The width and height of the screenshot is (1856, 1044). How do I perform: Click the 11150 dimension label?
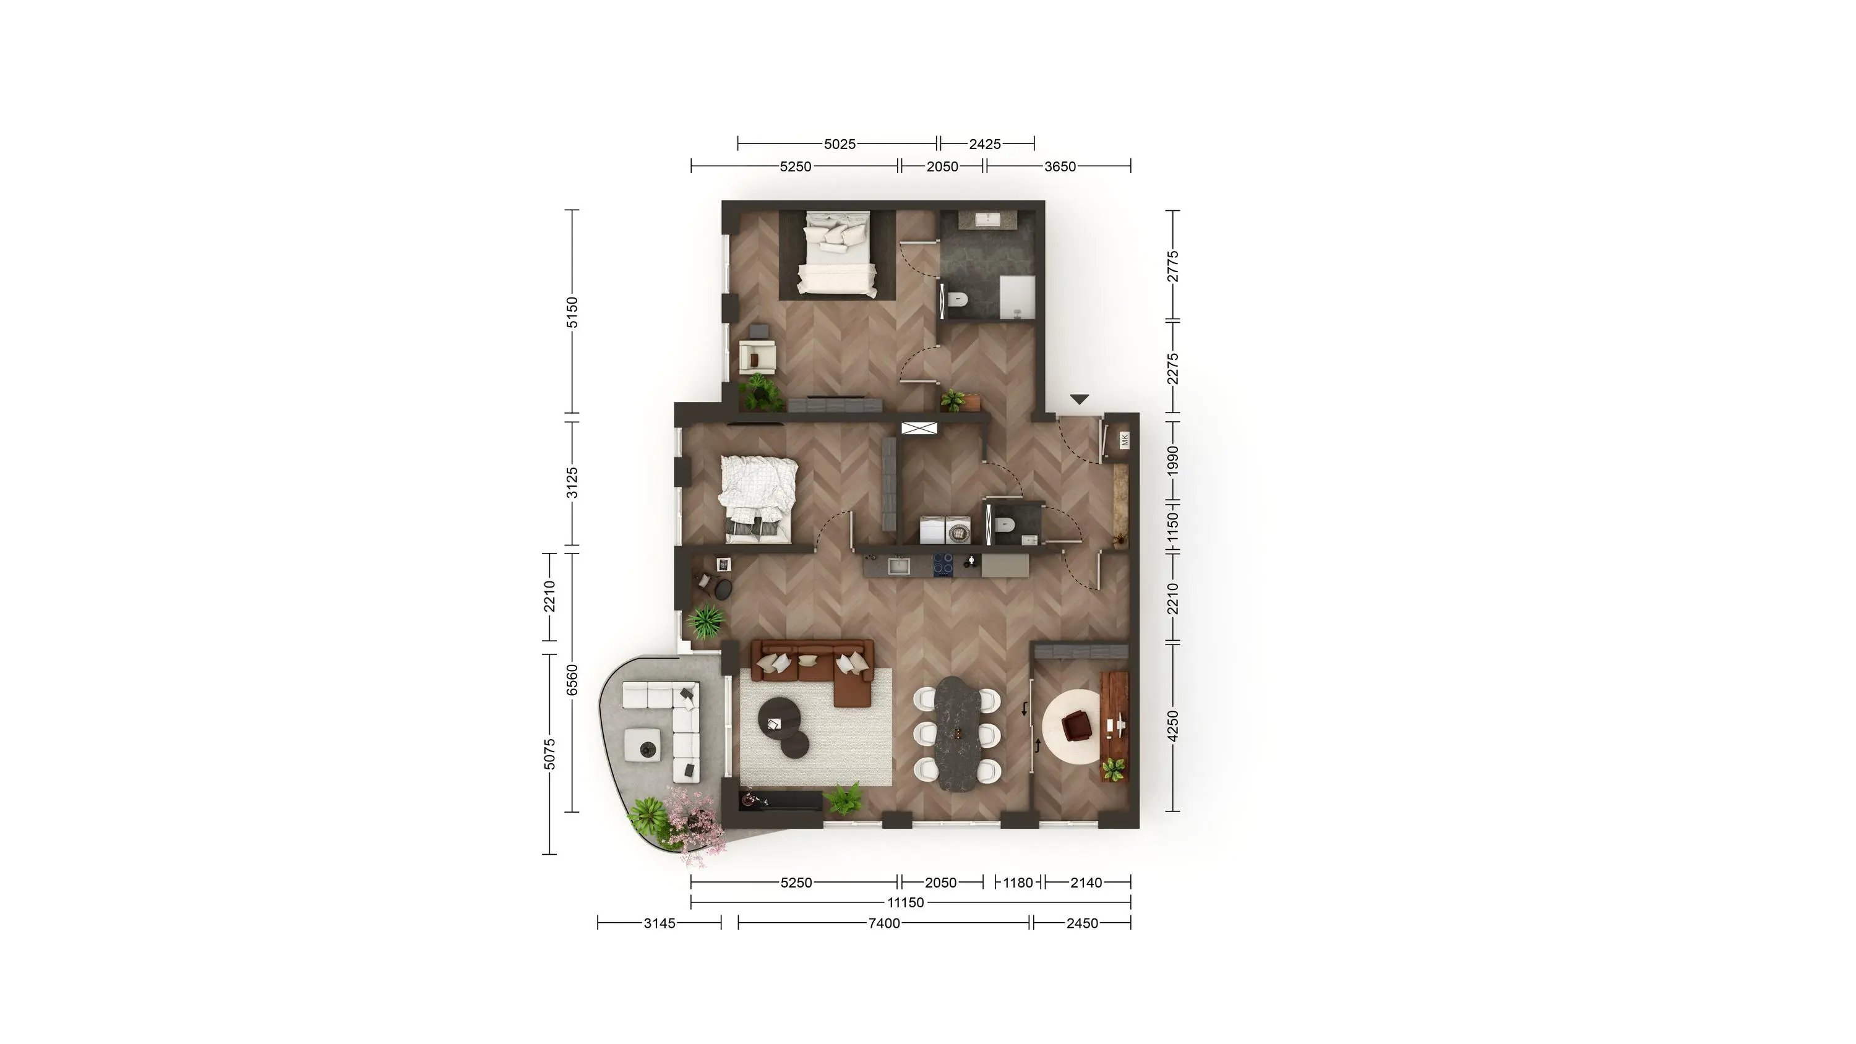tap(905, 903)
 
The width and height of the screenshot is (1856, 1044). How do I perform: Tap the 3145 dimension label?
tap(659, 923)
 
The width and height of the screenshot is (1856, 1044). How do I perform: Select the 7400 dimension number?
tap(884, 923)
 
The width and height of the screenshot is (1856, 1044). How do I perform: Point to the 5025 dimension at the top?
tap(840, 144)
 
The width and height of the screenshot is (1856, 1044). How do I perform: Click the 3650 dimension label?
tap(1060, 166)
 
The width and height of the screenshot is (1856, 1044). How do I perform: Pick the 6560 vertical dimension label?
tap(572, 680)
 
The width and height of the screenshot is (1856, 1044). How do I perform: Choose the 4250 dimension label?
tap(1173, 725)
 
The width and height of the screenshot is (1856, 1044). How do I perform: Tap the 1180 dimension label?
tap(1018, 883)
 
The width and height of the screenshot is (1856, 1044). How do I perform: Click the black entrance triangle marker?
tap(1078, 399)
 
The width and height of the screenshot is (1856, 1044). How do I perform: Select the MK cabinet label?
tap(1125, 440)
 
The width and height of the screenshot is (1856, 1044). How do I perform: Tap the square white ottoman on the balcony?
tap(139, 744)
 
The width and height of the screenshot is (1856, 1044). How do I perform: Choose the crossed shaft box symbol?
tap(919, 428)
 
